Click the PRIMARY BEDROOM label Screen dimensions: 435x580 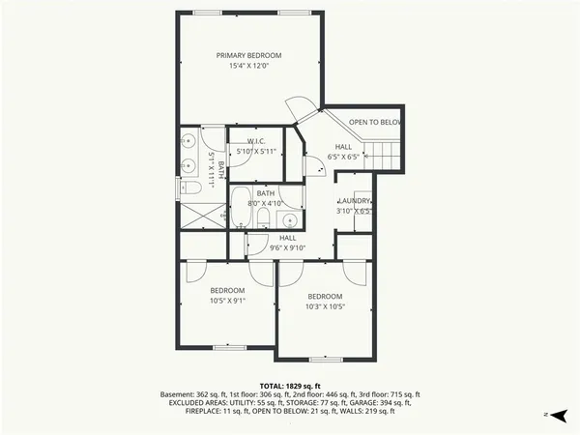248,55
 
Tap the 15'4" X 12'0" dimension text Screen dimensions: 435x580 248,67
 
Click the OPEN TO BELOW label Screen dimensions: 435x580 375,123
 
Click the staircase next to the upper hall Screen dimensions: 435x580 386,152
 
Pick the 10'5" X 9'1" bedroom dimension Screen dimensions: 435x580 228,300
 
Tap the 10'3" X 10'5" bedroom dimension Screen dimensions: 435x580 325,306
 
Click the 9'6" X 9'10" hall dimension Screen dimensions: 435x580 288,246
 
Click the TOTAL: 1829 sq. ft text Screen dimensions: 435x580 289,387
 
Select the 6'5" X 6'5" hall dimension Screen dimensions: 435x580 343,156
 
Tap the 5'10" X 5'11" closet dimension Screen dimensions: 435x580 256,152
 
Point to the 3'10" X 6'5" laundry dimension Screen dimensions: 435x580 354,210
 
